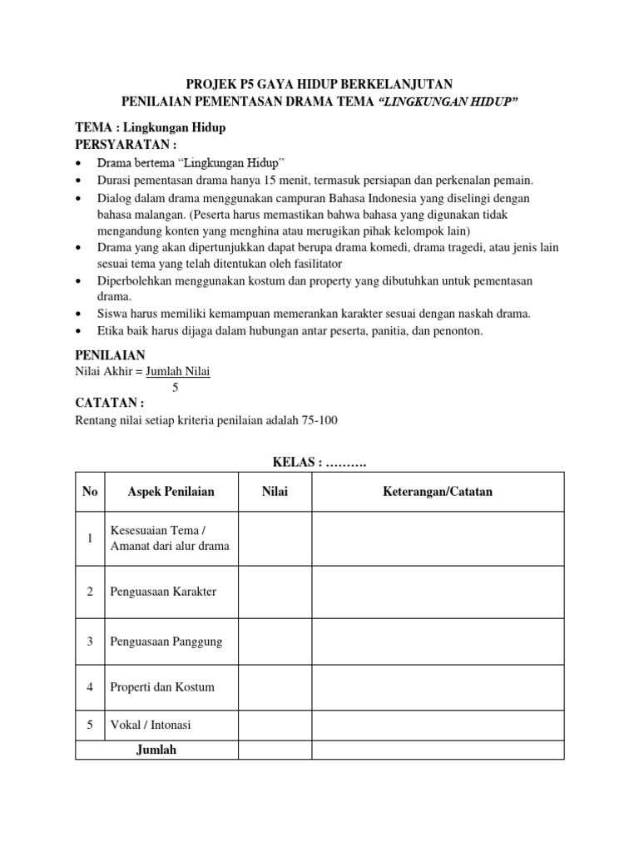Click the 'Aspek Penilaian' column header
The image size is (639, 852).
click(x=171, y=492)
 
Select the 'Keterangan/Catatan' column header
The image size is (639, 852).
click(x=438, y=492)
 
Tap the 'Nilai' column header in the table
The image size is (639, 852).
click(x=275, y=492)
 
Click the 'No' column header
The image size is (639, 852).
click(x=90, y=492)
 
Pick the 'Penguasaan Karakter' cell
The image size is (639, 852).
click(x=163, y=592)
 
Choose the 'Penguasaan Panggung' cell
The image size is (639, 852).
click(x=166, y=641)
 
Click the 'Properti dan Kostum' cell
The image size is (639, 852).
click(x=162, y=687)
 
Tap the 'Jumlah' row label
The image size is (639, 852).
click(x=156, y=750)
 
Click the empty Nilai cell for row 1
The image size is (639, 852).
click(x=275, y=538)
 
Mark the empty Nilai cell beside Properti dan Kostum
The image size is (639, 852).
click(x=275, y=687)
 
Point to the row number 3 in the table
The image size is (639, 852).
click(x=90, y=641)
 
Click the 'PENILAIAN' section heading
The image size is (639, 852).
click(x=110, y=355)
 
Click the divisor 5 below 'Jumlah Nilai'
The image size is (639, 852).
click(x=176, y=387)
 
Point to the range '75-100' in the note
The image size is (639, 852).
click(x=318, y=420)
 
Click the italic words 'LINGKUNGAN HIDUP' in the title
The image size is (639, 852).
click(x=448, y=102)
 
